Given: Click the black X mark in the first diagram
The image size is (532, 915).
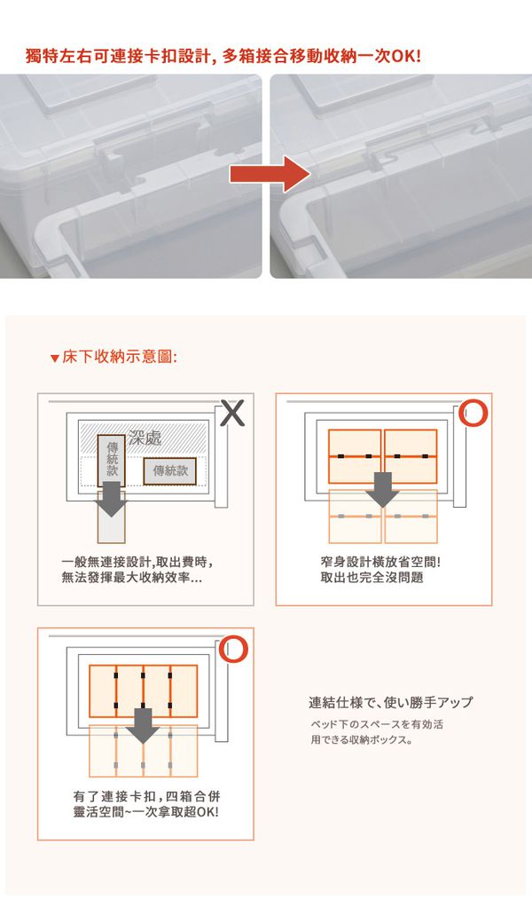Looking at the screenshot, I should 232,413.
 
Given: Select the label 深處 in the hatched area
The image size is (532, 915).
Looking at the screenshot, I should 145,437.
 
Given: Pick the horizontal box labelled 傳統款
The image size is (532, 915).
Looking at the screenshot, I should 169,470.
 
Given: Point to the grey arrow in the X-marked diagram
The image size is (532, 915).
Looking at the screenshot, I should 112,501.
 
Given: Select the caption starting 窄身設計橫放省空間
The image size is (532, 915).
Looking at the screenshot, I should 380,570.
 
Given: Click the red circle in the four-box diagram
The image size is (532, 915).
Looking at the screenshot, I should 237,649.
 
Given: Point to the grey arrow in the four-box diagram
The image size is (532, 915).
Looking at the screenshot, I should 142,724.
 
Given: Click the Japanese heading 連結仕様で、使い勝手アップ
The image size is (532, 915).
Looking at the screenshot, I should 390,703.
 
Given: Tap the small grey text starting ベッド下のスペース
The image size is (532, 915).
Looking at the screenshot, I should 371,731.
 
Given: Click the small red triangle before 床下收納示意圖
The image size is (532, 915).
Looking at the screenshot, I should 55,359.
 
